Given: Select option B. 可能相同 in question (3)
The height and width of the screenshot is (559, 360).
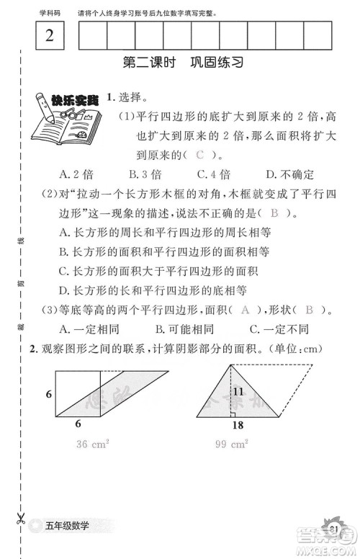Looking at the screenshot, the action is click(x=184, y=329).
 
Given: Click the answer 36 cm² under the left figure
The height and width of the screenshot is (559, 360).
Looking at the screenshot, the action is click(x=92, y=444).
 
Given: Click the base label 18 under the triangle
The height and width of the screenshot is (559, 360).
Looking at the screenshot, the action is click(x=238, y=425).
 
